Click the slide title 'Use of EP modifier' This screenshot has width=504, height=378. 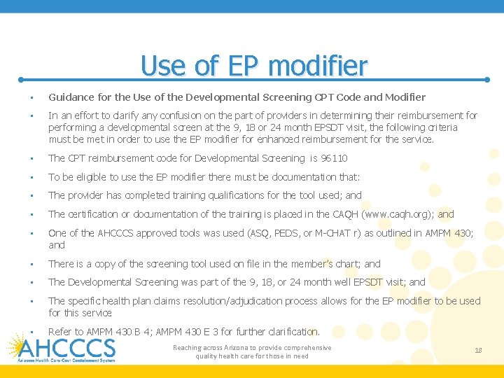tap(253, 66)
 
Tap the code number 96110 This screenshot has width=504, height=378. tap(334, 159)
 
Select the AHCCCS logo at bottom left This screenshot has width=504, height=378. tap(62, 348)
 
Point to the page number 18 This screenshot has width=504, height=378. tap(478, 351)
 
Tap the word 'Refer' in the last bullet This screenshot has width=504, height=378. tap(60, 331)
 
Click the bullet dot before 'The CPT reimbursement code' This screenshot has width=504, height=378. tap(23, 159)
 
